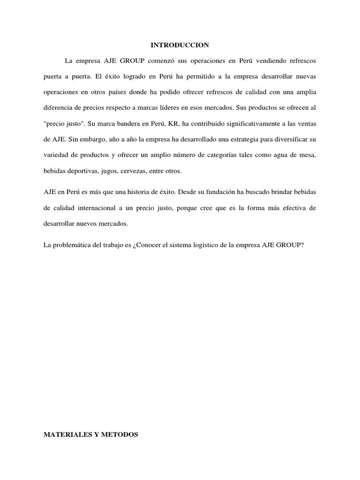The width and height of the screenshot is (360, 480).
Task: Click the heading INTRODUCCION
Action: point(180,45)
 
